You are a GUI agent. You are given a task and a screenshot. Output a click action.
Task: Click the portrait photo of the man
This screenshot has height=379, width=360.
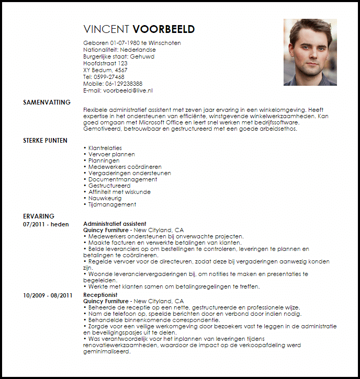(310, 52)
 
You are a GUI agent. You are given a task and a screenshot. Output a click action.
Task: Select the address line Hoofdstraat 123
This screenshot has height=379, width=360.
(105, 63)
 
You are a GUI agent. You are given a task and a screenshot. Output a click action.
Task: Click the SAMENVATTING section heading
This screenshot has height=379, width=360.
(47, 102)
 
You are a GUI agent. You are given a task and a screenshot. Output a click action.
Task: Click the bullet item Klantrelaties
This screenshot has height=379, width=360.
(105, 148)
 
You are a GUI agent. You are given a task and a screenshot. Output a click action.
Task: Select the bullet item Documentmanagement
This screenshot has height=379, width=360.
(119, 179)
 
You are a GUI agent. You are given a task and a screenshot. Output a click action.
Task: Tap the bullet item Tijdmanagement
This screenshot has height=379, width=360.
(112, 204)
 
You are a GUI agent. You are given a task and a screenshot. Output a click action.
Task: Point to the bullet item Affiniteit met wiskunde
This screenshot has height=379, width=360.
(119, 192)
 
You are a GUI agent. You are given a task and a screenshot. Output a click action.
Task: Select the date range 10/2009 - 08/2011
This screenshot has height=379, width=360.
(47, 295)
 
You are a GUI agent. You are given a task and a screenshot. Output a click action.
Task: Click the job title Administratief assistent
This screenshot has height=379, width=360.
(115, 224)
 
